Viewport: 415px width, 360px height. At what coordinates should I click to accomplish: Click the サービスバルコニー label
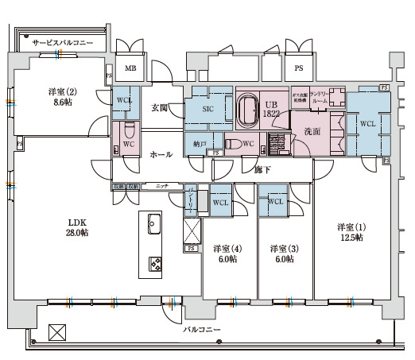[63, 41]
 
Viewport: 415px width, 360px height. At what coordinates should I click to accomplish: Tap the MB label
[130, 70]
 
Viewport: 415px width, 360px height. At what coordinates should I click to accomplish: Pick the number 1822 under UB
[271, 114]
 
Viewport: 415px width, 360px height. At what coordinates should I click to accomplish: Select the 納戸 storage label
[200, 144]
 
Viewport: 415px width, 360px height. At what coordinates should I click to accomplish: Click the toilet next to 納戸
[233, 145]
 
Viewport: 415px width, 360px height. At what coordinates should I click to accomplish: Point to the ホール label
[161, 155]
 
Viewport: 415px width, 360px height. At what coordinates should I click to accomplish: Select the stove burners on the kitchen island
[153, 263]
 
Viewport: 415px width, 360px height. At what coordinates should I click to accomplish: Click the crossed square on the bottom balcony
[56, 331]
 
